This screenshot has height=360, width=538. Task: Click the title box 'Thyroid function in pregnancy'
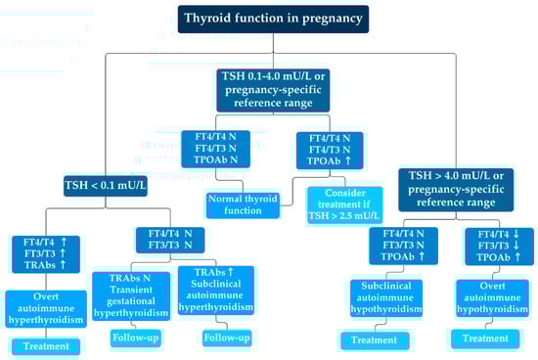pyautogui.click(x=273, y=19)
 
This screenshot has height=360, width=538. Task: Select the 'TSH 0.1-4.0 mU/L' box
pyautogui.click(x=273, y=90)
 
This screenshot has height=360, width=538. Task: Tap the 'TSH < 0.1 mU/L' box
pyautogui.click(x=106, y=186)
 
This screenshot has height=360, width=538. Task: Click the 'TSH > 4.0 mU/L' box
pyautogui.click(x=456, y=190)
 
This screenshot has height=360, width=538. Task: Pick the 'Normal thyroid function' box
pyautogui.click(x=243, y=205)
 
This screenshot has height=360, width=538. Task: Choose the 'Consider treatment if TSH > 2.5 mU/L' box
pyautogui.click(x=344, y=204)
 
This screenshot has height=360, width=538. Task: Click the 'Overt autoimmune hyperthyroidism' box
pyautogui.click(x=46, y=308)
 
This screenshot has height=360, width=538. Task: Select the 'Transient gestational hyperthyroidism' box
pyautogui.click(x=131, y=296)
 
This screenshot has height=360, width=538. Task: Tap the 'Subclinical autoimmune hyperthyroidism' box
pyautogui.click(x=216, y=291)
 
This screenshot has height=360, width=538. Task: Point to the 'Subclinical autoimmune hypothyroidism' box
pyautogui.click(x=386, y=298)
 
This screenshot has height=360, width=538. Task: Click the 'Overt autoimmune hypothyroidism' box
pyautogui.click(x=492, y=298)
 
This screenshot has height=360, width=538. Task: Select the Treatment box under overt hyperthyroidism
pyautogui.click(x=46, y=346)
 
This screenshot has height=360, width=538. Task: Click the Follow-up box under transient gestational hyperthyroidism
pyautogui.click(x=136, y=338)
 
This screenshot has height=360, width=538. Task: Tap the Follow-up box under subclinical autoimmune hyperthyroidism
pyautogui.click(x=227, y=338)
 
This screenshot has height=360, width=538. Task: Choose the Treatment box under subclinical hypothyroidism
pyautogui.click(x=375, y=340)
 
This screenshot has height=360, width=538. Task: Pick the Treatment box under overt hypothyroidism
pyautogui.click(x=485, y=338)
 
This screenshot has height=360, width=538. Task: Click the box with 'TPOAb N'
pyautogui.click(x=216, y=149)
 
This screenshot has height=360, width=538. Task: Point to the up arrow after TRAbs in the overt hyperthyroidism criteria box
pyautogui.click(x=63, y=264)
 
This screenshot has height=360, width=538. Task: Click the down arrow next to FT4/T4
pyautogui.click(x=516, y=235)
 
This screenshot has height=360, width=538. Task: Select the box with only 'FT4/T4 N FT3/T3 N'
pyautogui.click(x=170, y=240)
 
